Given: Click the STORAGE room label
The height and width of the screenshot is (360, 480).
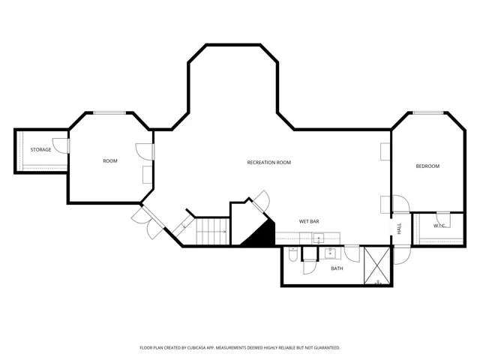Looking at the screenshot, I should pyautogui.click(x=40, y=150).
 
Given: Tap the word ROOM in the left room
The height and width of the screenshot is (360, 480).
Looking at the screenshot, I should pyautogui.click(x=110, y=161).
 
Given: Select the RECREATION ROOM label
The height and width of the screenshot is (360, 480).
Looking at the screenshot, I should pyautogui.click(x=268, y=162).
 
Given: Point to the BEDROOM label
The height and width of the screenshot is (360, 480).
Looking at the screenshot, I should pyautogui.click(x=427, y=166).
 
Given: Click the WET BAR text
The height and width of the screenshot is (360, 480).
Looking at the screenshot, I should pyautogui.click(x=309, y=221).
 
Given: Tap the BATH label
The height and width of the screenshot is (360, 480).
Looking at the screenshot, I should pyautogui.click(x=337, y=268).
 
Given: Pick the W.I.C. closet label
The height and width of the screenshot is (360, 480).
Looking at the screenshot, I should pyautogui.click(x=439, y=226).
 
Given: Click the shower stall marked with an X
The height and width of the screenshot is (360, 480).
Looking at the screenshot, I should pyautogui.click(x=377, y=265).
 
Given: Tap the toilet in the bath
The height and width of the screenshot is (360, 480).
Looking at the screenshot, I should pyautogui.click(x=292, y=255).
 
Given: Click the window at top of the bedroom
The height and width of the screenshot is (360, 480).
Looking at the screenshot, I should pyautogui.click(x=426, y=113).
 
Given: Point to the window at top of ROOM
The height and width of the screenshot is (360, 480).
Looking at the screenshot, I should pyautogui.click(x=109, y=112).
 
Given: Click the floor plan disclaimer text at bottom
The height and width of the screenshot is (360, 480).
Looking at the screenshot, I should pyautogui.click(x=240, y=348).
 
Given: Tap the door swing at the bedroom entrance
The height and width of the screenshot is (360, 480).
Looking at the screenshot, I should pyautogui.click(x=398, y=203).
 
